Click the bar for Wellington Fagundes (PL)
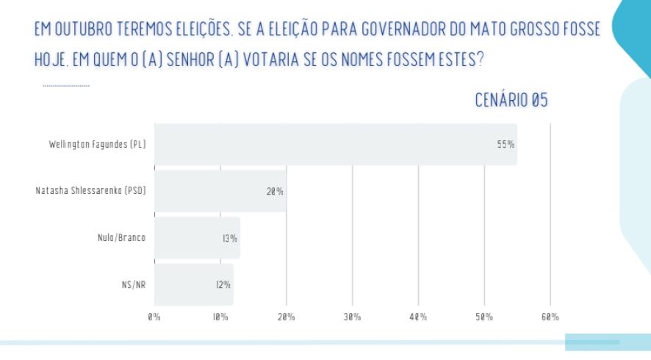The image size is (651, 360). [x=335, y=144]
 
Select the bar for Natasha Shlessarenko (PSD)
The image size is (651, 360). [x=220, y=191]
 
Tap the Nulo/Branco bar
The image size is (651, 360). [x=197, y=238]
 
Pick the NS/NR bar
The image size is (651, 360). [x=194, y=284]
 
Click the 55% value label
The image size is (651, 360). [x=505, y=145]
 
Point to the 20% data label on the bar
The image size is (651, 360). [x=275, y=192]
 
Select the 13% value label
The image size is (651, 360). [x=229, y=238]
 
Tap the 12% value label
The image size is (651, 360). [x=223, y=284]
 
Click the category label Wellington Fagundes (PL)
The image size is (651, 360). [x=97, y=145]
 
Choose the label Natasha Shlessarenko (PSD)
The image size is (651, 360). [x=91, y=191]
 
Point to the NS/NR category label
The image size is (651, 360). [x=133, y=284]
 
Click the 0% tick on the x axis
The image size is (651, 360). [x=154, y=317]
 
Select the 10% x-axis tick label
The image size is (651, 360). [x=220, y=317]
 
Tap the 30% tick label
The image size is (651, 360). [x=352, y=317]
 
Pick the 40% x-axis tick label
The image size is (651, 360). [x=418, y=317]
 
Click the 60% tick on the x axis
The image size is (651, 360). [x=550, y=317]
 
